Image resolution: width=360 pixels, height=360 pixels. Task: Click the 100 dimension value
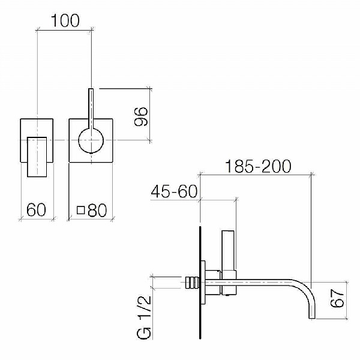click(x=65, y=20)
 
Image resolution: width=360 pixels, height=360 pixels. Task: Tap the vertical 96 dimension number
click(x=141, y=116)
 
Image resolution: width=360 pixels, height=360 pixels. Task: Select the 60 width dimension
click(x=36, y=209)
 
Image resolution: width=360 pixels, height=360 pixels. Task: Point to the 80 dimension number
click(x=97, y=210)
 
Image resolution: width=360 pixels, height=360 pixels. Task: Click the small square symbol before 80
click(x=80, y=210)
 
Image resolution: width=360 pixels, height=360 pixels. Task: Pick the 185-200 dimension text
click(x=258, y=166)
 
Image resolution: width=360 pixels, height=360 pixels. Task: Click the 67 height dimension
click(x=337, y=298)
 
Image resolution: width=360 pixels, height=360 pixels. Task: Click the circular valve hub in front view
click(x=91, y=140)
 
